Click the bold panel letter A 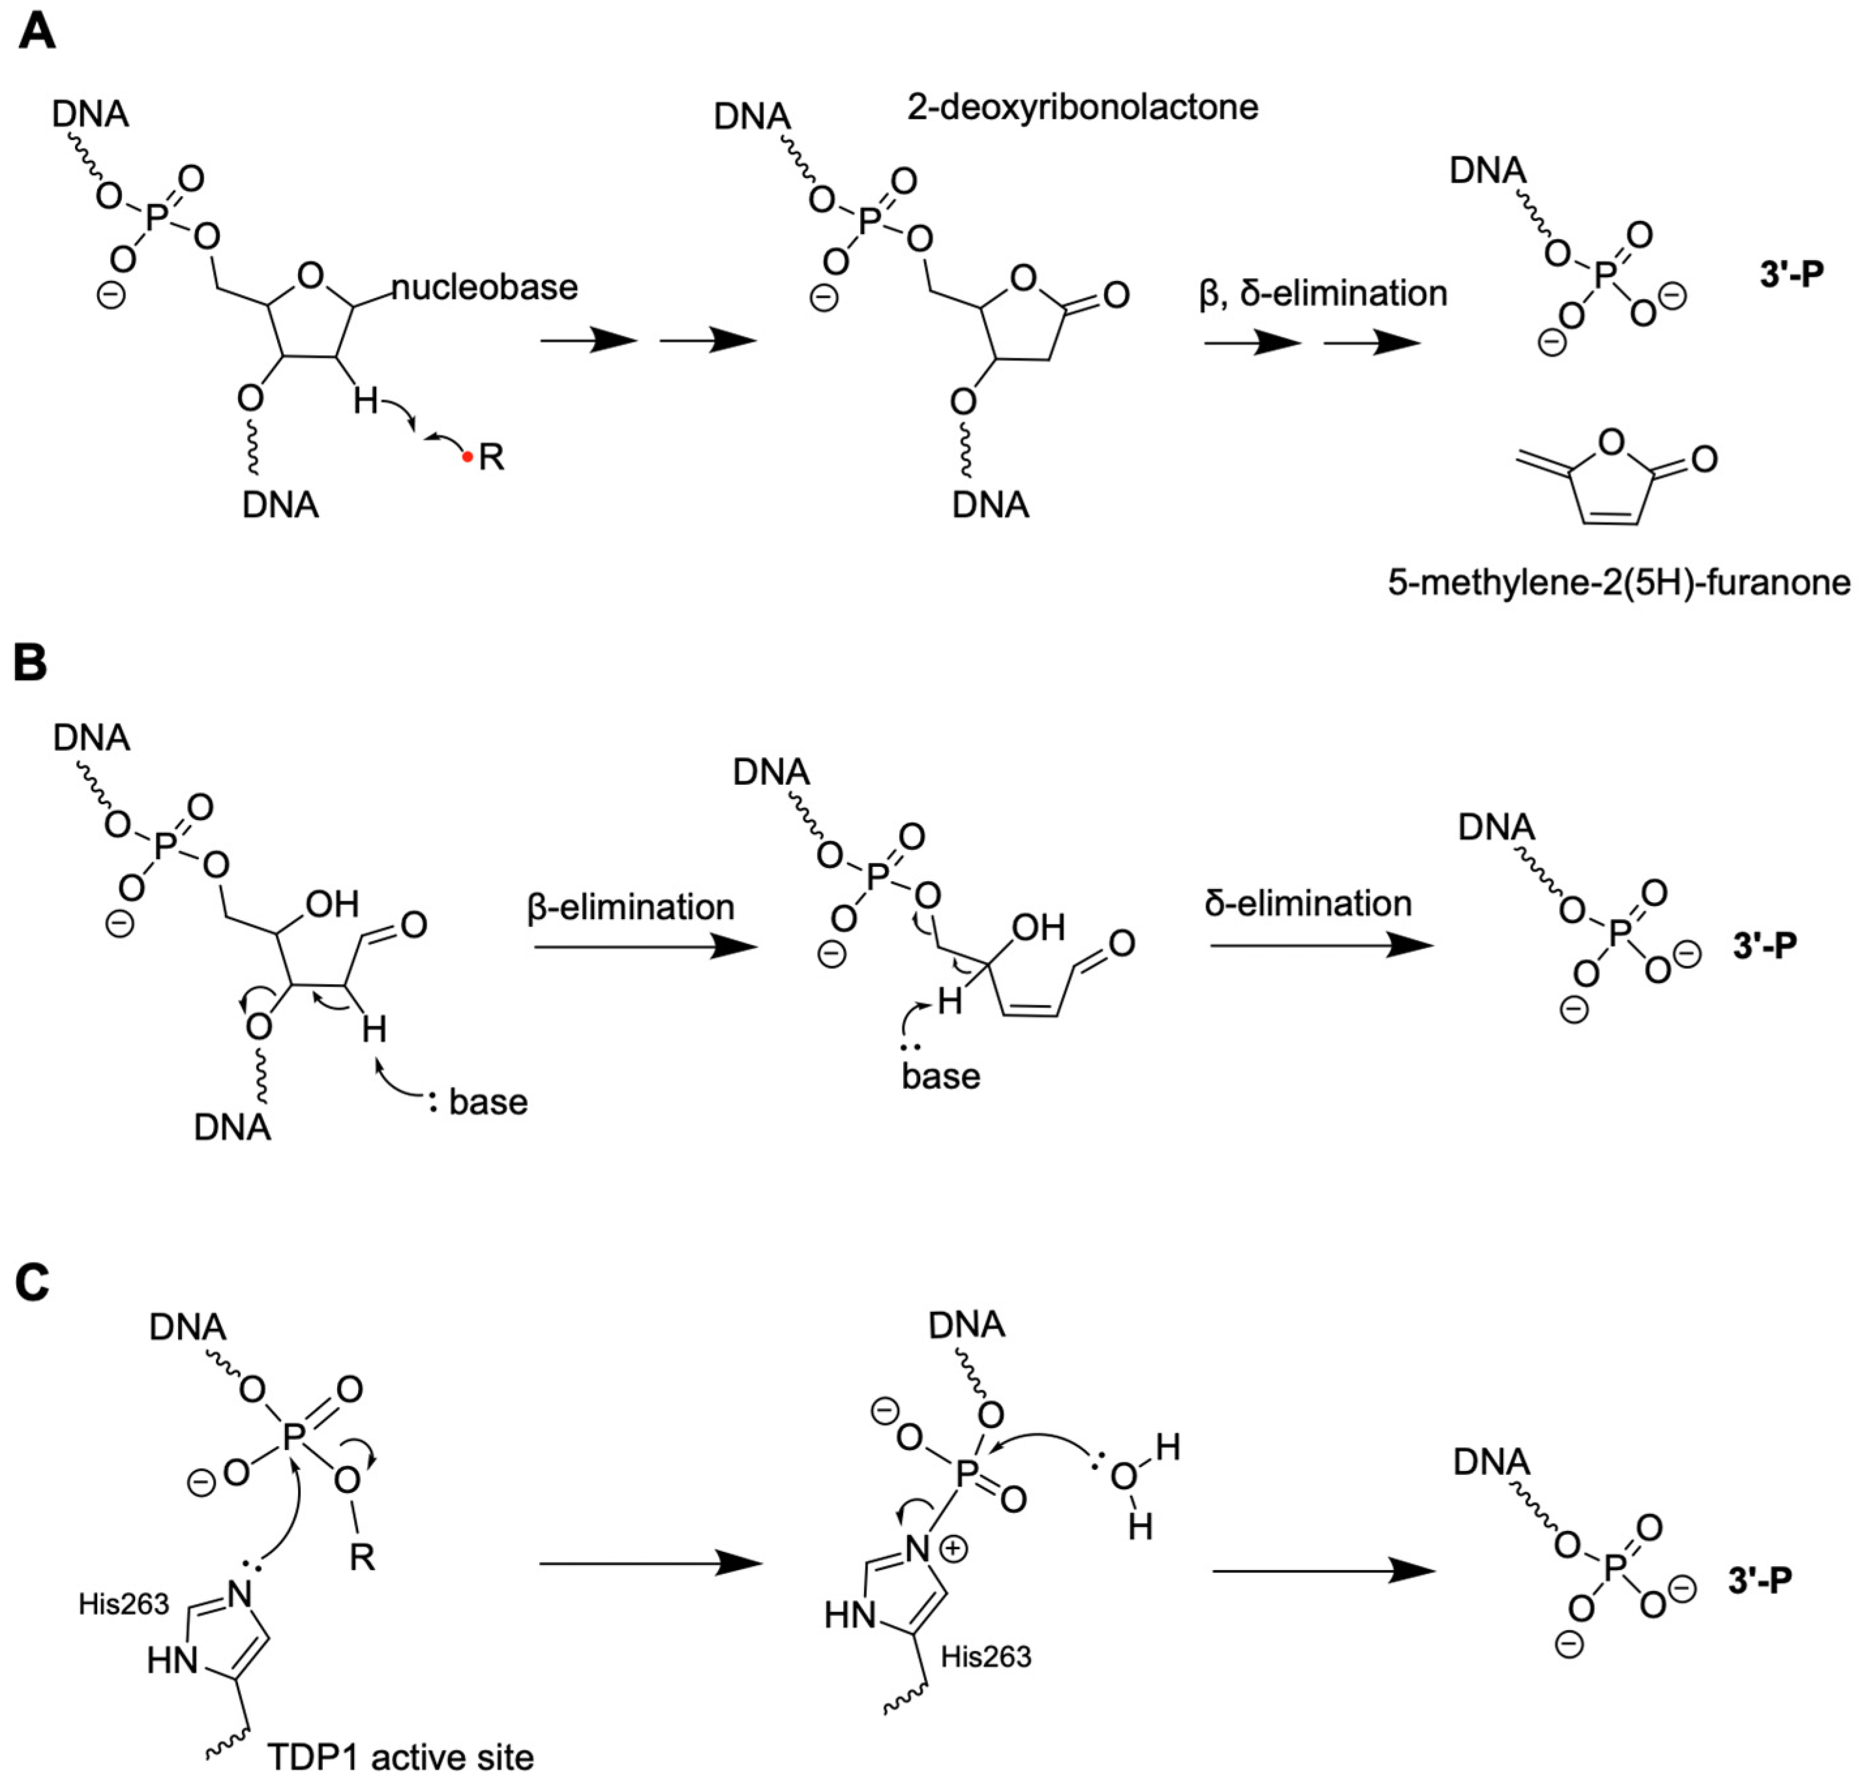(35, 31)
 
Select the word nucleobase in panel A (484, 287)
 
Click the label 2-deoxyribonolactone (1082, 107)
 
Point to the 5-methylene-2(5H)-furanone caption (1618, 582)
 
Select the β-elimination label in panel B (631, 907)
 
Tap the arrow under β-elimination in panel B (645, 946)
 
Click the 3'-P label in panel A (1791, 274)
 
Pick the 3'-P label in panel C (1759, 1580)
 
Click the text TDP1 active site (400, 1756)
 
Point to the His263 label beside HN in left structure (123, 1603)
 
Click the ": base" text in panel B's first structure (478, 1101)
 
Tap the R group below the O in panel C (361, 1557)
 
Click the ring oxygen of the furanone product (1611, 441)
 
